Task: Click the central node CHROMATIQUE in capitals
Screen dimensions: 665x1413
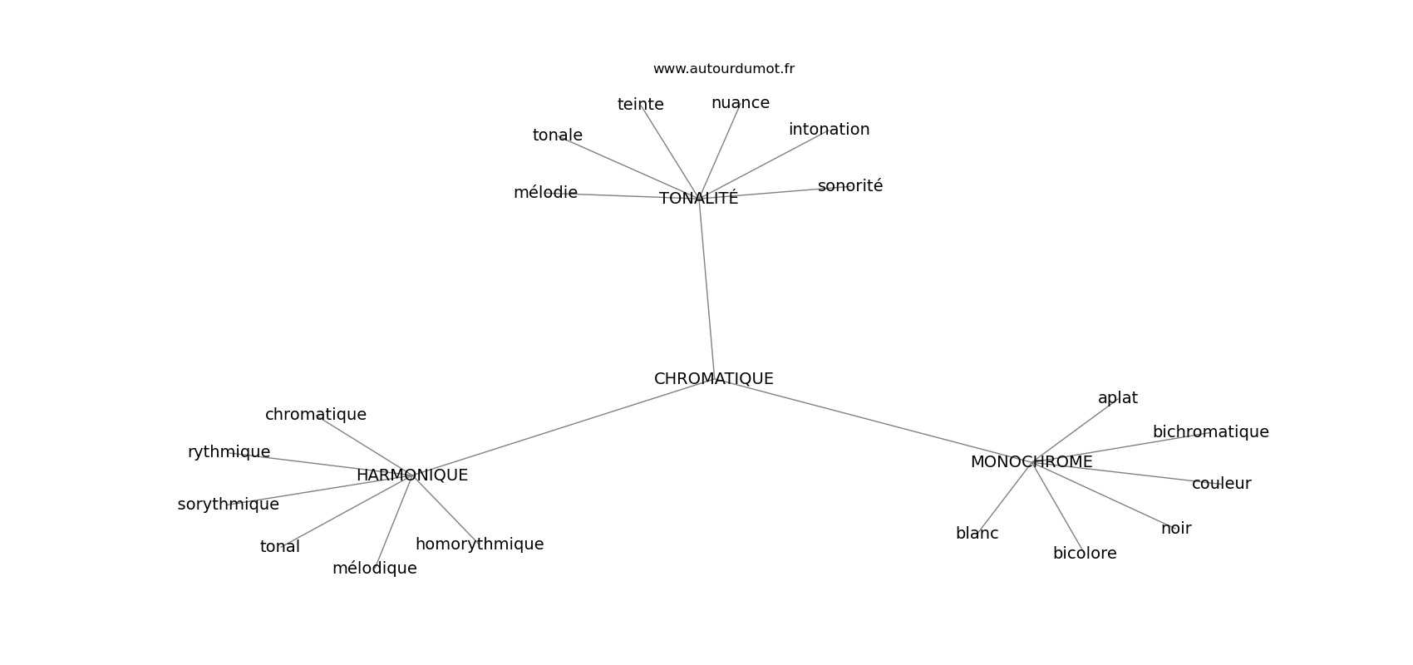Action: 713,379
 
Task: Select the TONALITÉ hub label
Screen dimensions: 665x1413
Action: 698,199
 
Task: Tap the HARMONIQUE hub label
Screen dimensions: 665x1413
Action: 411,475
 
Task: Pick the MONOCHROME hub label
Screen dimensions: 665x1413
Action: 1031,462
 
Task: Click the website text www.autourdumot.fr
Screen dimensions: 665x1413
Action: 723,69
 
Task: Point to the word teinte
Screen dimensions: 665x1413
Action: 640,105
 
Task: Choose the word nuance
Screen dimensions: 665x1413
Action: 740,103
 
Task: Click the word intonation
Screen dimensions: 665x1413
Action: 829,130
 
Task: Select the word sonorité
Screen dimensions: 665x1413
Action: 849,186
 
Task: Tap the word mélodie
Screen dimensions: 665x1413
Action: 545,193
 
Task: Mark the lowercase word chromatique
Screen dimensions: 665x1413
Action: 315,415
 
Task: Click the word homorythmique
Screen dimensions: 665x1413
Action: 479,544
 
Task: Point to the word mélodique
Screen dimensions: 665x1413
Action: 374,569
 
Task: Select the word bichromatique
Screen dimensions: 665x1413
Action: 1210,432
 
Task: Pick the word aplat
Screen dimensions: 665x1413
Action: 1117,398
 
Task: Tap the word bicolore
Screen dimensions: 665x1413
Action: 1084,554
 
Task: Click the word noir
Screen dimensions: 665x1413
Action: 1175,529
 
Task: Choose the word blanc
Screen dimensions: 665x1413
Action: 977,534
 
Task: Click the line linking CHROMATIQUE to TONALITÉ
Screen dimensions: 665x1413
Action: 706,287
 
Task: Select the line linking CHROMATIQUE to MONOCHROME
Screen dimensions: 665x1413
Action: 873,421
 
